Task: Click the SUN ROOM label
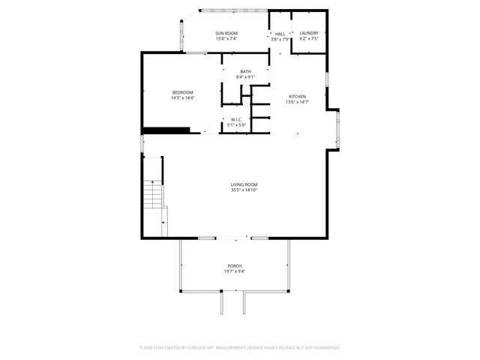coord(226,33)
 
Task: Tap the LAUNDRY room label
coord(309,33)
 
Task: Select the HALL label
coord(280,34)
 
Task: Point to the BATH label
coord(245,71)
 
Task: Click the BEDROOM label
coord(183,92)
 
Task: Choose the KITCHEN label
coord(298,97)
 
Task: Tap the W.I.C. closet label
coord(235,119)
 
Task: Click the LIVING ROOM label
coord(244,184)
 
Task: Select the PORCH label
coord(235,266)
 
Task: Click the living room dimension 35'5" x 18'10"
coord(244,190)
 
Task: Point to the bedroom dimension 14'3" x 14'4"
coord(183,98)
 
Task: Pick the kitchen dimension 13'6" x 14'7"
coord(298,103)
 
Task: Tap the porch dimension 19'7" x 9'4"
coord(235,271)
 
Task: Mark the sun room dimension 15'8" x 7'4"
coord(226,39)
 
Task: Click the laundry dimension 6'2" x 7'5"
coord(309,39)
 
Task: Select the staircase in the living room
coord(154,196)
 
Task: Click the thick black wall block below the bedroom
coord(171,130)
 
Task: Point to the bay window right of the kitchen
coord(337,129)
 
